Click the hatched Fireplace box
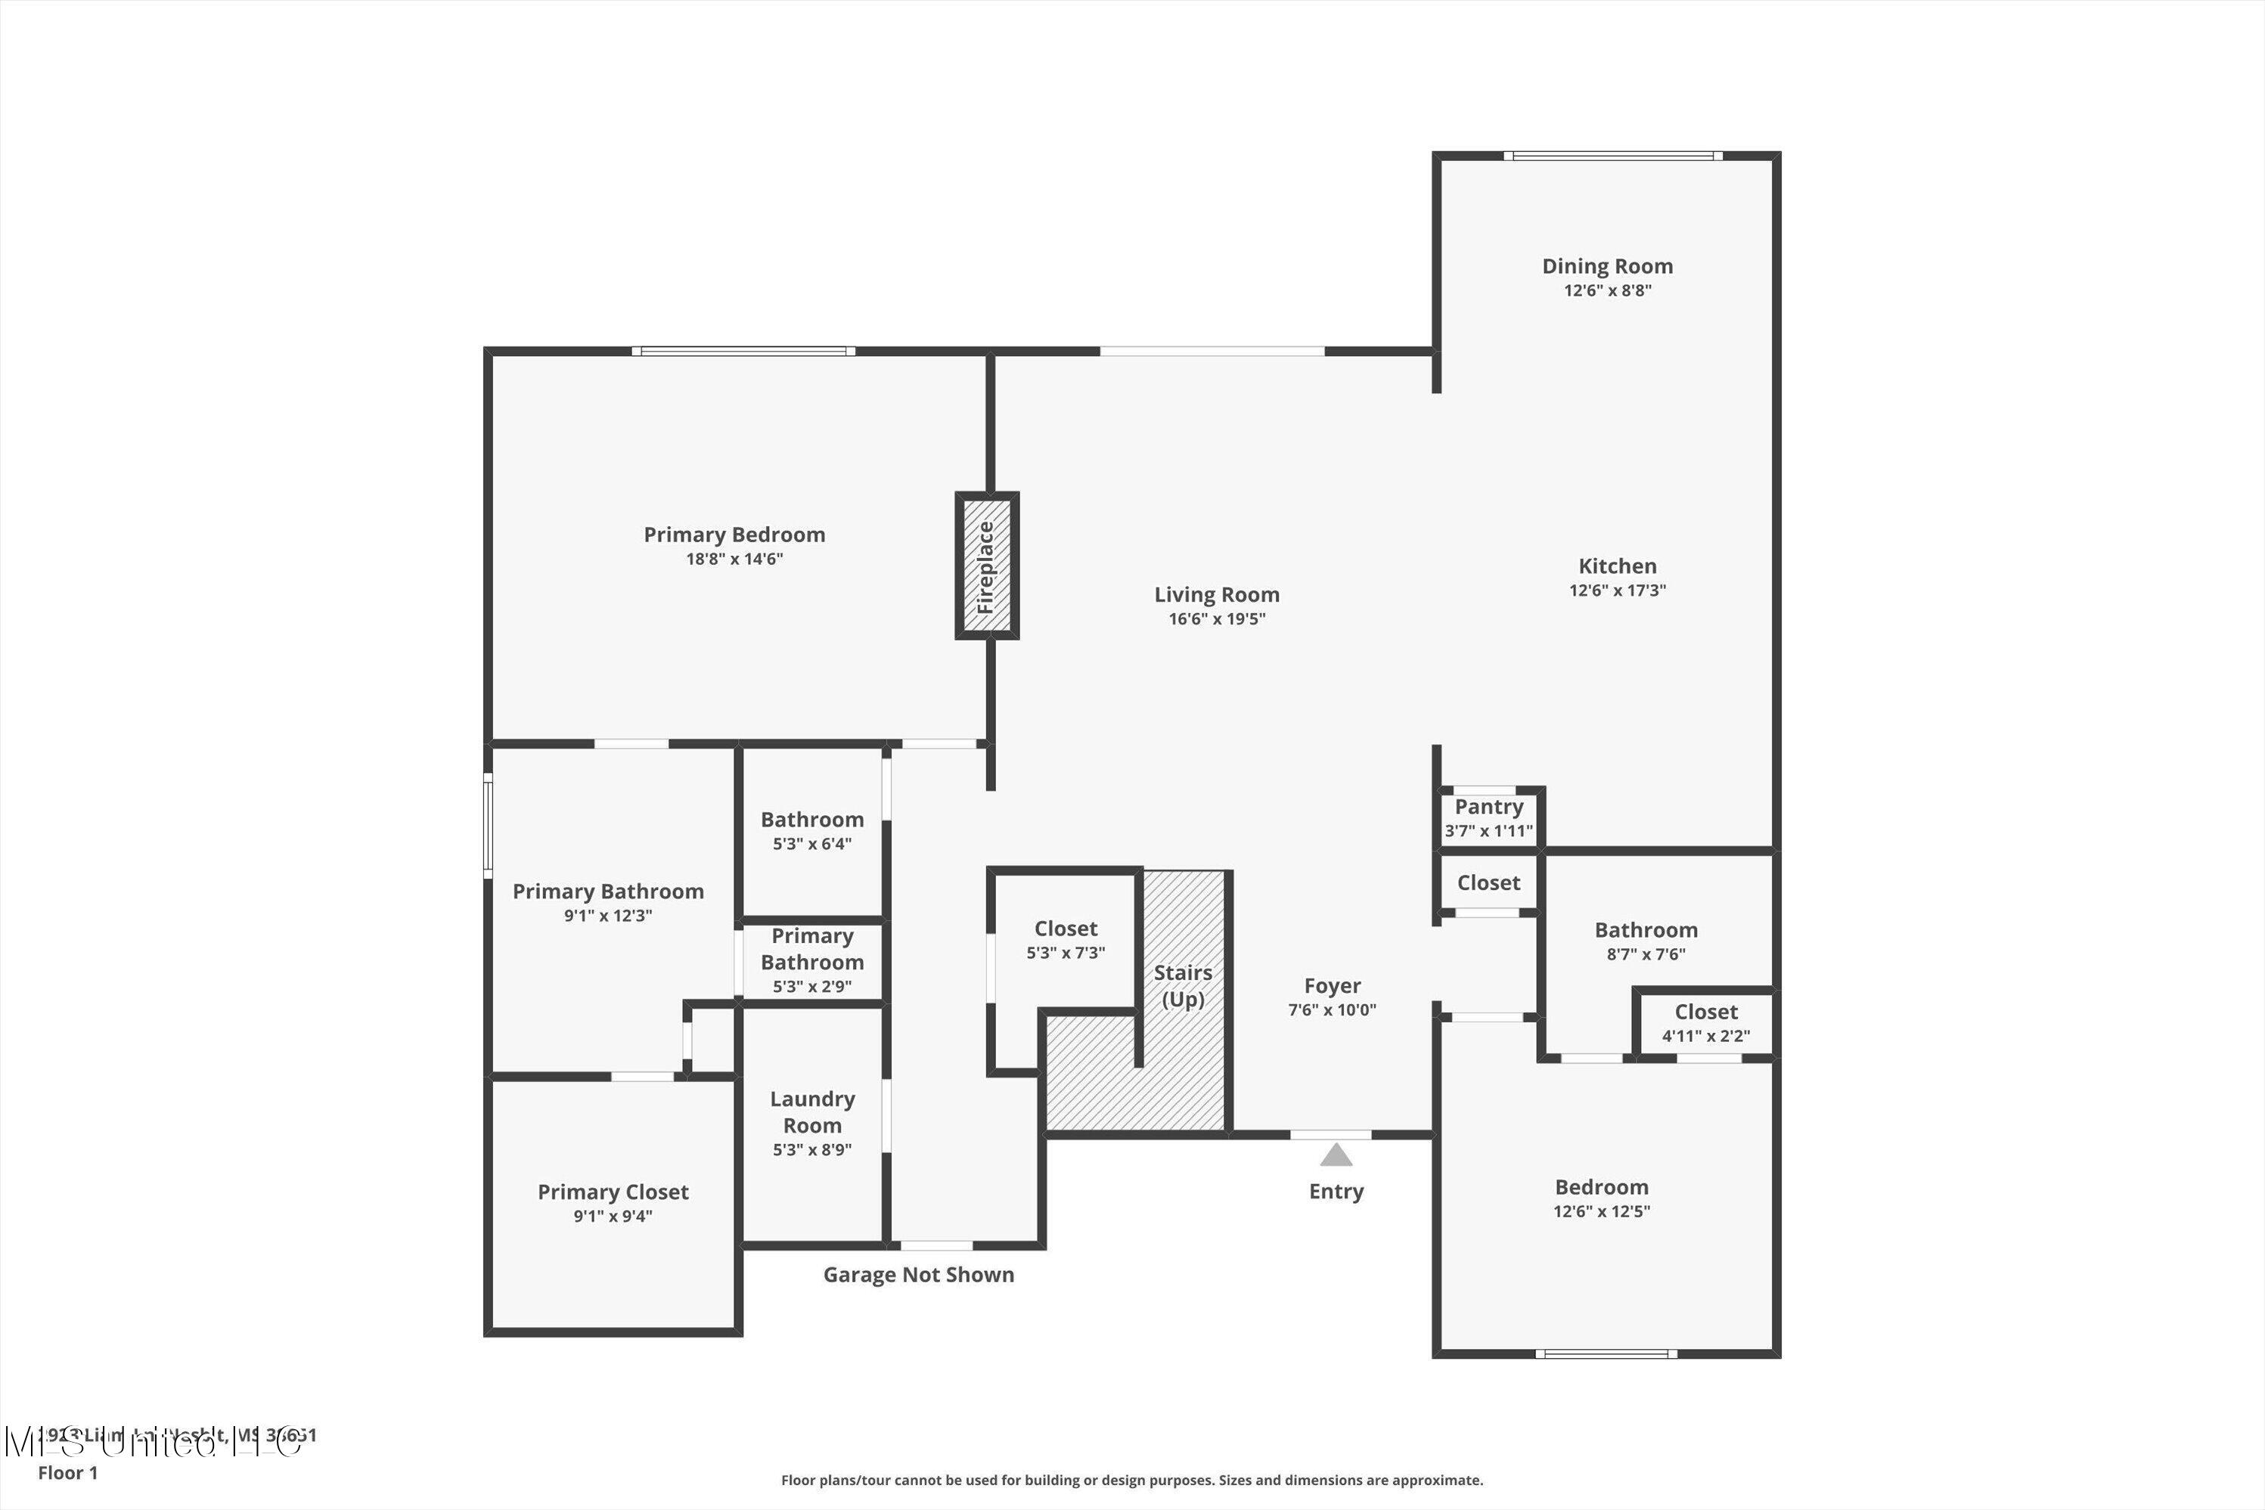[x=987, y=566]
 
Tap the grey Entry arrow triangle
[x=1336, y=1155]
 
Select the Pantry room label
[x=1489, y=807]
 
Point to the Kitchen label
[x=1617, y=566]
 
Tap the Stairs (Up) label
[x=1183, y=985]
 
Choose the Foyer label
[x=1332, y=985]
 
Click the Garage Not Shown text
[x=918, y=1275]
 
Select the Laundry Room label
[x=811, y=1112]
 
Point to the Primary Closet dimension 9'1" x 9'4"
[x=613, y=1217]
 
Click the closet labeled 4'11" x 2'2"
[x=1705, y=1023]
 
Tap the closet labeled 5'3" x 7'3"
[x=1065, y=940]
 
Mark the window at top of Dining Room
[x=1613, y=156]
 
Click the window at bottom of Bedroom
[x=1606, y=1354]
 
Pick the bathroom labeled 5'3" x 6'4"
[x=811, y=830]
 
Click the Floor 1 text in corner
[x=67, y=1472]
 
